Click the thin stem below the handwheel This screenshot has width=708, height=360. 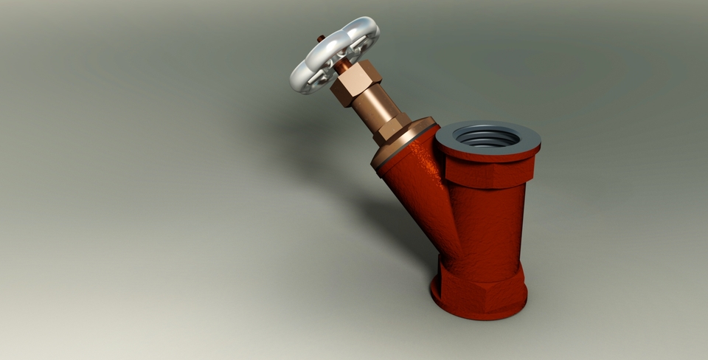coord(344,66)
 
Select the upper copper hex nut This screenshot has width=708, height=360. coord(355,83)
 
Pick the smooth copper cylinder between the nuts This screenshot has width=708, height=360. coord(373,107)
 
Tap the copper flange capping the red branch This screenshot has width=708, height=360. coord(402,140)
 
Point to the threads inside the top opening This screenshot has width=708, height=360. coord(487,136)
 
